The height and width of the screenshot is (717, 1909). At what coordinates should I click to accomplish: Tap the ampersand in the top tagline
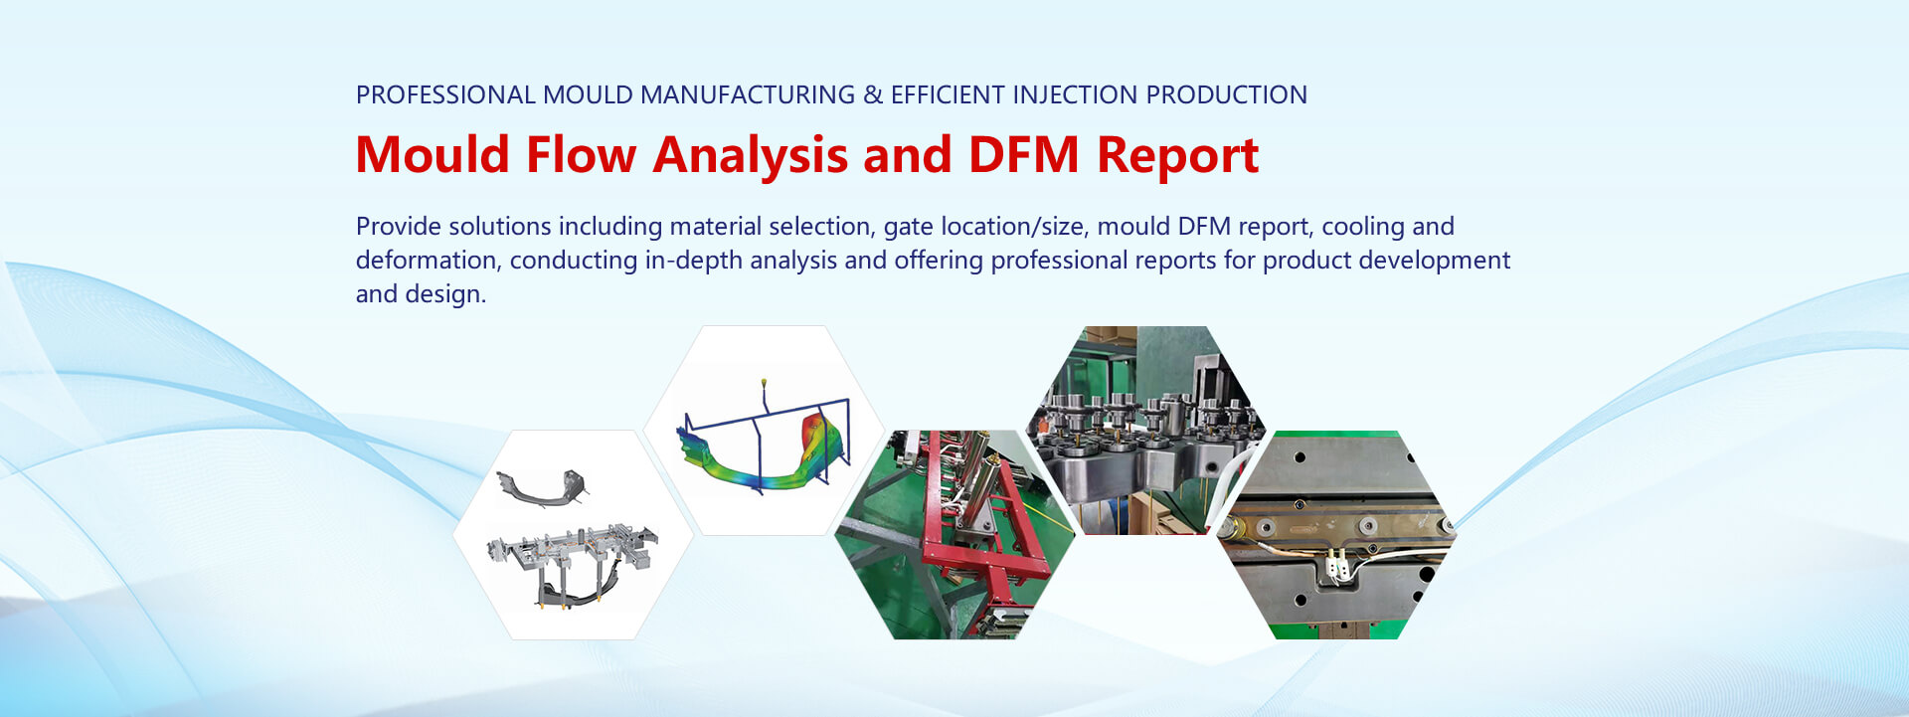pyautogui.click(x=873, y=95)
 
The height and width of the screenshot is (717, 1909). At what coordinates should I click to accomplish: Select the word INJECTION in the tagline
pyautogui.click(x=1075, y=95)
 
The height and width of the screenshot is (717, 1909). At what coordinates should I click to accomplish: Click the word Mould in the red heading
pyautogui.click(x=433, y=155)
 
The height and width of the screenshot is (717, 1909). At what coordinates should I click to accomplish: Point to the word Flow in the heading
pyautogui.click(x=581, y=155)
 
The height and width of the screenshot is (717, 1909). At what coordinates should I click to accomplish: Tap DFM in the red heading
pyautogui.click(x=1023, y=155)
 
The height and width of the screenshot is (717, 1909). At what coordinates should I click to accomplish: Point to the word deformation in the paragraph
pyautogui.click(x=429, y=261)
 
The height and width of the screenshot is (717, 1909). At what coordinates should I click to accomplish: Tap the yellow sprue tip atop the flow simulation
pyautogui.click(x=763, y=382)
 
